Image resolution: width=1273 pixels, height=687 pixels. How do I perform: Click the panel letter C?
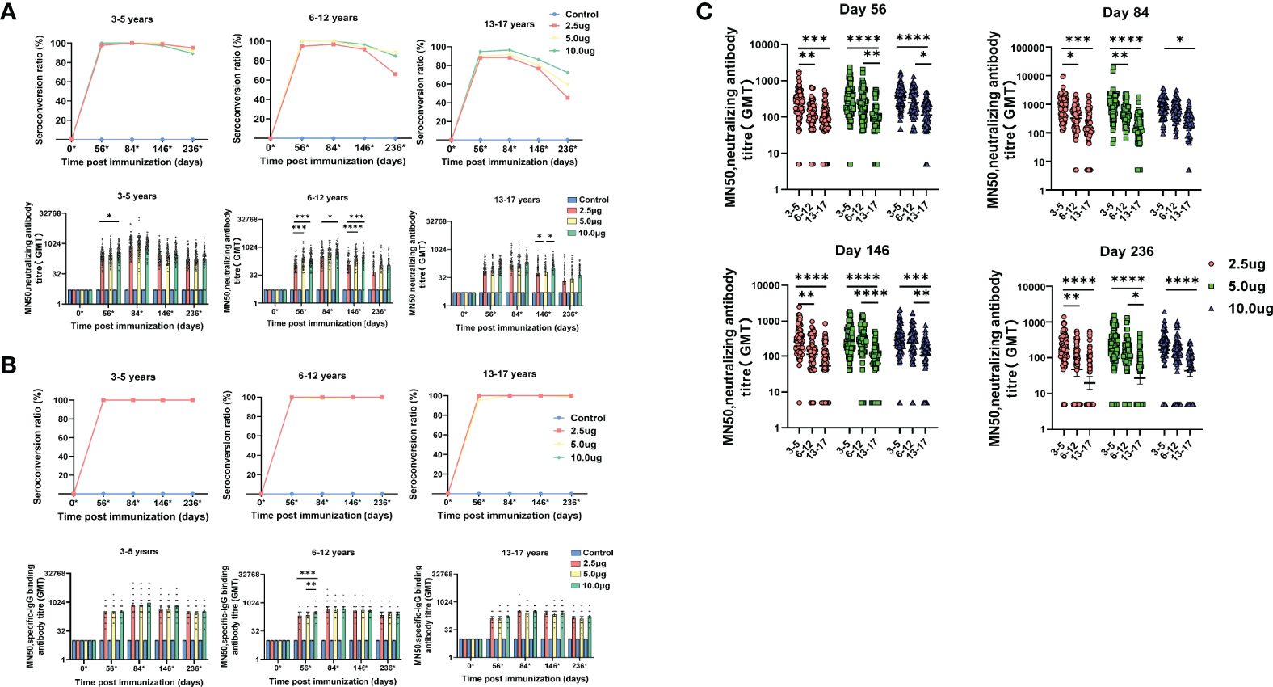[704, 11]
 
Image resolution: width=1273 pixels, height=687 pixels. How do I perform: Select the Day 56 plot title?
[862, 10]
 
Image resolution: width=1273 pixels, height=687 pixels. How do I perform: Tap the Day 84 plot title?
[1125, 12]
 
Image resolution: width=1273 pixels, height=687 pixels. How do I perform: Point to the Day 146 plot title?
[862, 251]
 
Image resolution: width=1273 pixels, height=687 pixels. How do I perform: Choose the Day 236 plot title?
[1125, 251]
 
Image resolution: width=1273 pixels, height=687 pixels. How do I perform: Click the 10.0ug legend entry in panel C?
[1250, 308]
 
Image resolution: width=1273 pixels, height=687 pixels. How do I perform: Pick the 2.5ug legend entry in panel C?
[1246, 264]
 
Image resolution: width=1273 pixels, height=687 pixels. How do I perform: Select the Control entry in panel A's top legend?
[582, 15]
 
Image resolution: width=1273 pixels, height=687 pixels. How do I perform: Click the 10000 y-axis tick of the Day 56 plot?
[763, 45]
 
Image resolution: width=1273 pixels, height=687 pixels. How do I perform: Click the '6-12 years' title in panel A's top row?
[333, 18]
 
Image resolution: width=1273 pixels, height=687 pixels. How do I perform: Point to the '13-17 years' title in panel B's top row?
[509, 374]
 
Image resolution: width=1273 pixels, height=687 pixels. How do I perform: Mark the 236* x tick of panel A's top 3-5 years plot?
[192, 149]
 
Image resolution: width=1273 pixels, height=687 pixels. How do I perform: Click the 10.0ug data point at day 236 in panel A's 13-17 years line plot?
[568, 73]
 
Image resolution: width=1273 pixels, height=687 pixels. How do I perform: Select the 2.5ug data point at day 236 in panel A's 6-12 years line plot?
[395, 74]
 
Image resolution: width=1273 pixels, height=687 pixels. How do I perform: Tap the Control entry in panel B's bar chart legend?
[598, 553]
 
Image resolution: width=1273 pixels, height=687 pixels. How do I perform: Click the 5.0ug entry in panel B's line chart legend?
[583, 445]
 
